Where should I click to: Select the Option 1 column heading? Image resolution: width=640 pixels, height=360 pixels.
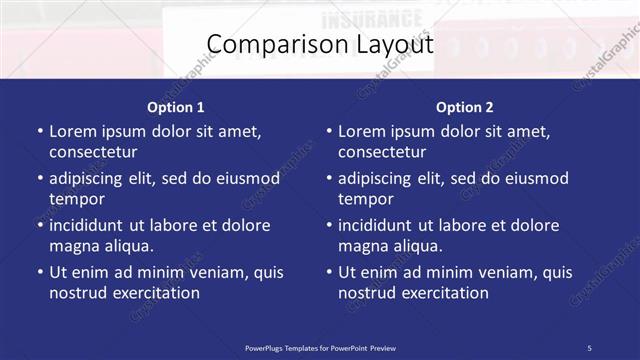[x=176, y=107]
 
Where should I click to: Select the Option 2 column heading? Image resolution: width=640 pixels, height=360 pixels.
[x=465, y=107]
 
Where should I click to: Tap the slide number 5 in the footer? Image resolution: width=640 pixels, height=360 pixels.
[x=589, y=347]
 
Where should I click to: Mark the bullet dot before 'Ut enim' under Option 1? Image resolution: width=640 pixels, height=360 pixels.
[x=39, y=272]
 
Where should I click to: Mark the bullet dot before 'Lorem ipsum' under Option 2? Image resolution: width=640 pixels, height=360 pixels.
[x=328, y=131]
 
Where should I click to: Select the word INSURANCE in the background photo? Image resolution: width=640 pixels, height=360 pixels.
[x=372, y=18]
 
